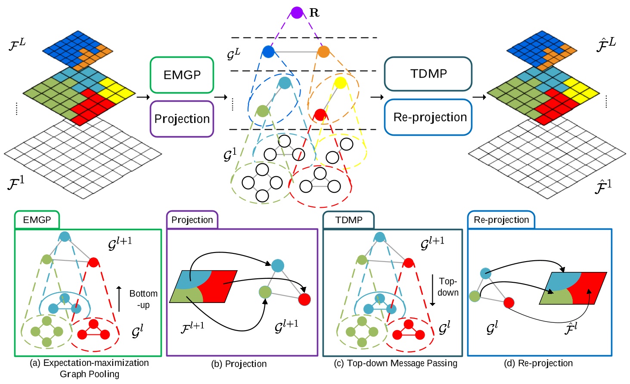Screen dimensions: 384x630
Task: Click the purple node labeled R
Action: tap(297, 12)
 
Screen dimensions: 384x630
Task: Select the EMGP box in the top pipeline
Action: tap(182, 75)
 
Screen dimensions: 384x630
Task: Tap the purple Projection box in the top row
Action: tap(182, 119)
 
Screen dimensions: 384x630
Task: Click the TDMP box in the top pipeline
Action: tap(428, 74)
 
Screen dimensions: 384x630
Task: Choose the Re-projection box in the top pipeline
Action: tap(428, 117)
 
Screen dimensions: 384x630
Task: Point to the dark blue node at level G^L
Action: tap(268, 52)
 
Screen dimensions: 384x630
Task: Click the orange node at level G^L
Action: tap(323, 52)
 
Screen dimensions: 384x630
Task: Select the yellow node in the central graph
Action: tap(340, 83)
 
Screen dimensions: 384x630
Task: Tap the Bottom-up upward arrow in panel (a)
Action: tap(119, 299)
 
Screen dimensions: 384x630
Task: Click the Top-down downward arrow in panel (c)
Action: tap(432, 290)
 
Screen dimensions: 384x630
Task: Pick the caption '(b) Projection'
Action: tap(239, 364)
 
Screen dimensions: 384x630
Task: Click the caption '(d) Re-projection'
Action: tap(538, 363)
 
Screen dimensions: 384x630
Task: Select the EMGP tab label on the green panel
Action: tap(37, 220)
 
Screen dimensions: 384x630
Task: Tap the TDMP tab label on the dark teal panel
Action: tap(349, 220)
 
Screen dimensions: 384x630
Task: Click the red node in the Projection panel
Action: tap(304, 299)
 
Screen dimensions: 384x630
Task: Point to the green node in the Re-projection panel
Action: tap(475, 296)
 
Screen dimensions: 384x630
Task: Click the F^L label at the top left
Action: tap(17, 44)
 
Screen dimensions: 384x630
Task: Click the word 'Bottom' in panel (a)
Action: tap(143, 293)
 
